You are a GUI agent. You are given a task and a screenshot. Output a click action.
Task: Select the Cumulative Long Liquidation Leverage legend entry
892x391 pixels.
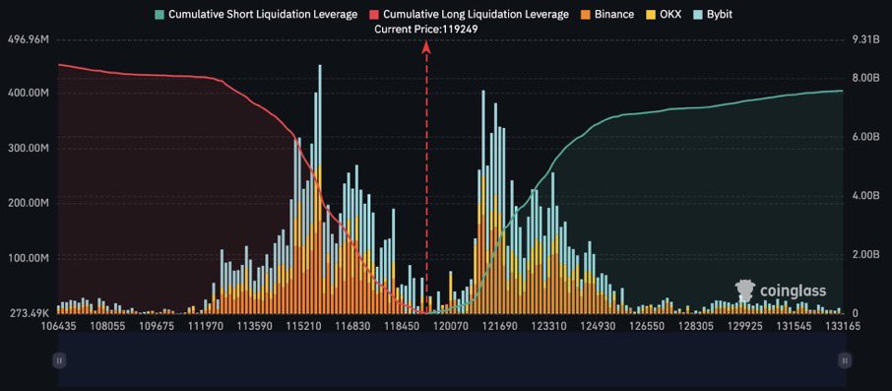468,15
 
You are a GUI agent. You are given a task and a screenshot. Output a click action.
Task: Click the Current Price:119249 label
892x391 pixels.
425,30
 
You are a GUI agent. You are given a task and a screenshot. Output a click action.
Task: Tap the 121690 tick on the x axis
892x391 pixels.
500,325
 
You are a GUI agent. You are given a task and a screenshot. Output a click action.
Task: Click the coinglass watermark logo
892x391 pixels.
781,291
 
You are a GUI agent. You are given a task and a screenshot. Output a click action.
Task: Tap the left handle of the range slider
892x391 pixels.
59,361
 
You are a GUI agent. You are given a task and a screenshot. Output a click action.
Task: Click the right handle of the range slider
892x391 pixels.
844,361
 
